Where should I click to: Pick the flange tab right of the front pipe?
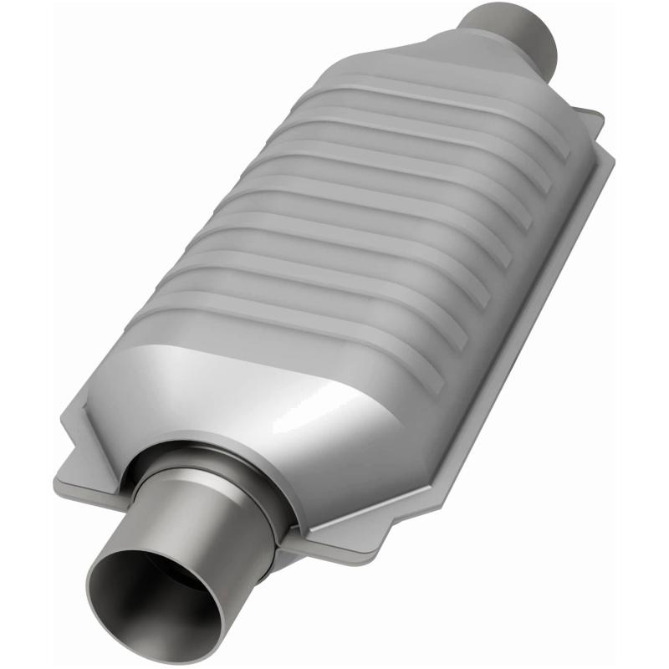[x=334, y=535]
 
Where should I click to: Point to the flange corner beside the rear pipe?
[x=594, y=125]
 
